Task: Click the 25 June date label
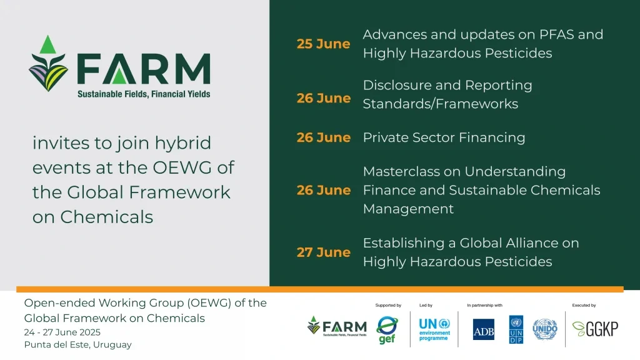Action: pos(323,44)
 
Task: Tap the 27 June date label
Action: pos(323,252)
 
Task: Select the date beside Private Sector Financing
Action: pos(323,137)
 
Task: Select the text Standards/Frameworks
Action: pos(440,104)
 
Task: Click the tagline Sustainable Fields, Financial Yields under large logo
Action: pos(144,94)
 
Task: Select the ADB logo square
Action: pos(483,329)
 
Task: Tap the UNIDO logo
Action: pos(544,329)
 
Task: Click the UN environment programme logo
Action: pos(434,329)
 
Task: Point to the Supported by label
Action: pos(388,306)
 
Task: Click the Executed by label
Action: pos(584,306)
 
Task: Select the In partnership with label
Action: pos(484,306)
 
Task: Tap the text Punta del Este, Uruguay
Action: pos(78,344)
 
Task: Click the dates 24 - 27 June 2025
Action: pos(62,332)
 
